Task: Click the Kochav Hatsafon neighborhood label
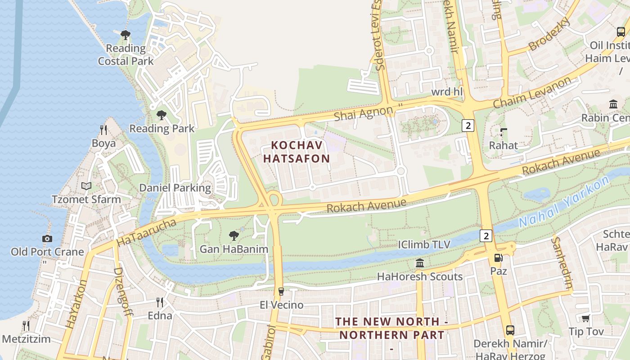(297, 152)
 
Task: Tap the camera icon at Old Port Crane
(47, 238)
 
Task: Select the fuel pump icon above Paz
(499, 258)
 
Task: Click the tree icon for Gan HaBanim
(234, 235)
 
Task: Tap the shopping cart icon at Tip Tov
(585, 319)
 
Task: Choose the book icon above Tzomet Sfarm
(86, 186)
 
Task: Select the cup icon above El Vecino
(281, 292)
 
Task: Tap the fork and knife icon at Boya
(103, 130)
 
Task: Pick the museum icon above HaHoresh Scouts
(420, 263)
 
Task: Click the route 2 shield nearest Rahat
(468, 126)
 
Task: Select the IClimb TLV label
(424, 245)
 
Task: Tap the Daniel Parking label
(175, 188)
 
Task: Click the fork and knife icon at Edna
(160, 302)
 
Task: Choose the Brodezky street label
(549, 34)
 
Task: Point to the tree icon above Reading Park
(162, 115)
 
